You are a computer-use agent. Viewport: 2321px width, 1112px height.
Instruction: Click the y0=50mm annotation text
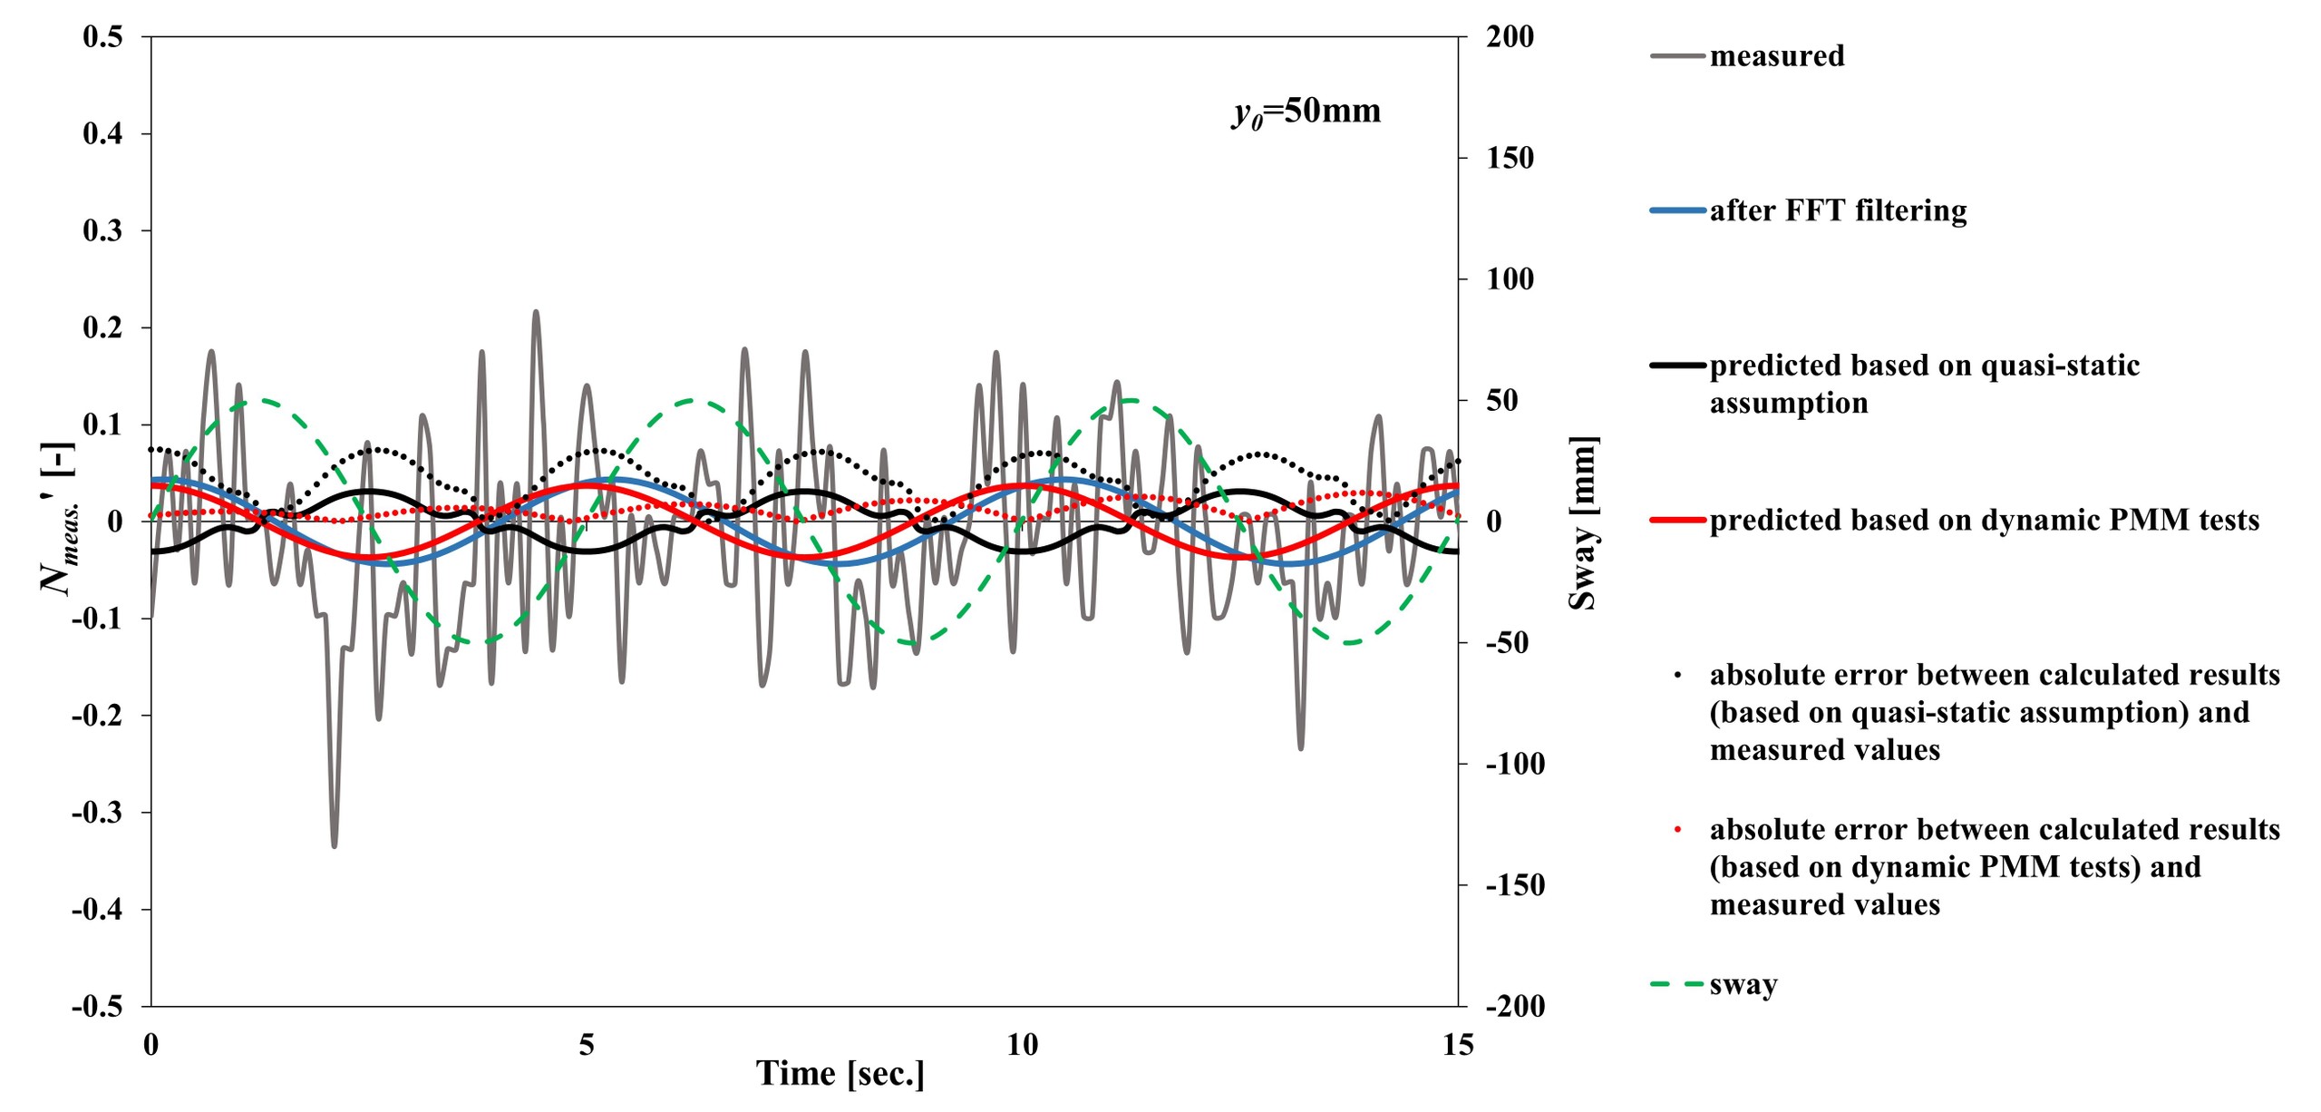(1306, 112)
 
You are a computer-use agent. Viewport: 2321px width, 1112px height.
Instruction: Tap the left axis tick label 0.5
(102, 37)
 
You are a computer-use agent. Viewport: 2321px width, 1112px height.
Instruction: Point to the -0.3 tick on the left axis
(96, 813)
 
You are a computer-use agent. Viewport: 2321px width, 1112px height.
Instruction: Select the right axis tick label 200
(1510, 37)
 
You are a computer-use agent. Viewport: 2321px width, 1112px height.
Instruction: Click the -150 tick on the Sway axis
(1514, 885)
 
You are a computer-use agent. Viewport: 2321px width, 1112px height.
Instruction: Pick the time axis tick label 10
(1022, 1045)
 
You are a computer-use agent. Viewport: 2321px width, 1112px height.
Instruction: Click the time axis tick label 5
(587, 1045)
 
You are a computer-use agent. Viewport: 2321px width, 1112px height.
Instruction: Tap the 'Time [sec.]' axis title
(840, 1074)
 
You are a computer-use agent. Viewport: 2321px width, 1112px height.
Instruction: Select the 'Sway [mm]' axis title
(1583, 522)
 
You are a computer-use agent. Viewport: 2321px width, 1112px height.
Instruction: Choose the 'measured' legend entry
(1776, 56)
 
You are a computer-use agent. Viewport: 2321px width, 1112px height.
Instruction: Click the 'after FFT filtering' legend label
(1838, 210)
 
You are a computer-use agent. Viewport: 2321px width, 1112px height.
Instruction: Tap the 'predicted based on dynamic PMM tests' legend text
(1984, 521)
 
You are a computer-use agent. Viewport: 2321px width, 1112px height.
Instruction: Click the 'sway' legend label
(1743, 985)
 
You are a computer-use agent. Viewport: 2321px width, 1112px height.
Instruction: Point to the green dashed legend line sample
(1677, 984)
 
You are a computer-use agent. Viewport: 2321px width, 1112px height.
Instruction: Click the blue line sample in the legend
(1677, 211)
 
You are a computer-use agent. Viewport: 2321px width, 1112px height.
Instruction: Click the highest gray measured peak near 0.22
(536, 312)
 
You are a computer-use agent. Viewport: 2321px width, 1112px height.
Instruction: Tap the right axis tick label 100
(1510, 279)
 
